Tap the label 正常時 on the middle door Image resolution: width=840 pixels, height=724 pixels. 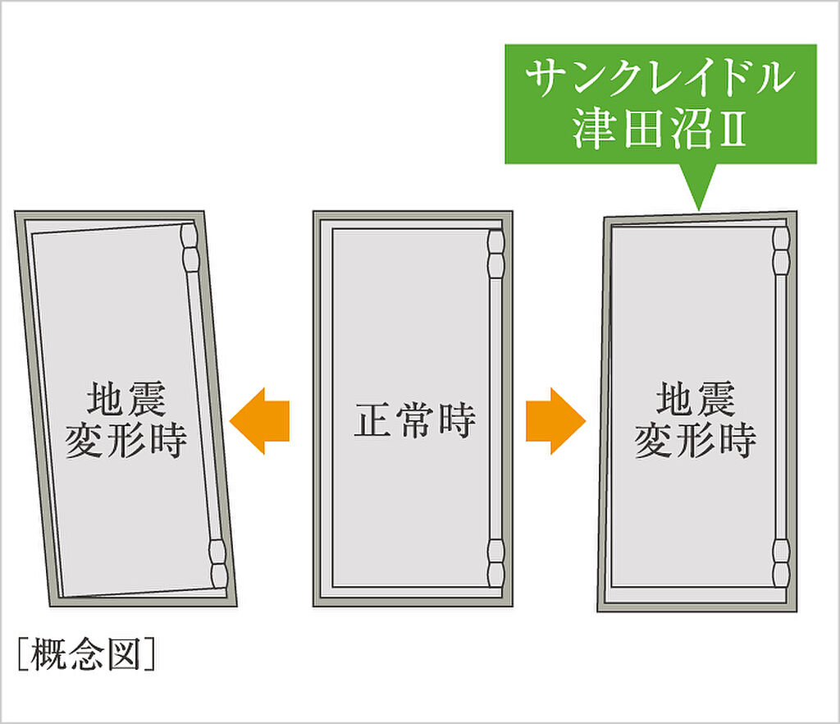(415, 422)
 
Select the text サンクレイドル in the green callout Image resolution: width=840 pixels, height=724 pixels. (660, 79)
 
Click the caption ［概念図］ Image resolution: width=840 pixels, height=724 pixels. (85, 654)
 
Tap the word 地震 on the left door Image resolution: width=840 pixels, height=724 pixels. (126, 401)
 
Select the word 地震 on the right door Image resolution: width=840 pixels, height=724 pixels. (695, 401)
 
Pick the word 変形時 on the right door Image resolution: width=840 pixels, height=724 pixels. (695, 441)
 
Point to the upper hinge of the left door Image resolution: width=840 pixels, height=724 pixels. (189, 250)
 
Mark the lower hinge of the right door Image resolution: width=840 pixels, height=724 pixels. (780, 561)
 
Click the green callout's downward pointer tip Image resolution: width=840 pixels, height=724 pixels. (698, 207)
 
